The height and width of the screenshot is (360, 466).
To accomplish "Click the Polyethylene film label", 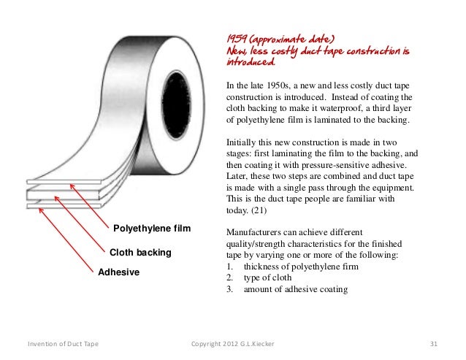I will (152, 230).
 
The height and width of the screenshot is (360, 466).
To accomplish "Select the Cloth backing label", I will (140, 253).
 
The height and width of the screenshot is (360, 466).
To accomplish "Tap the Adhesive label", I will (118, 272).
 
